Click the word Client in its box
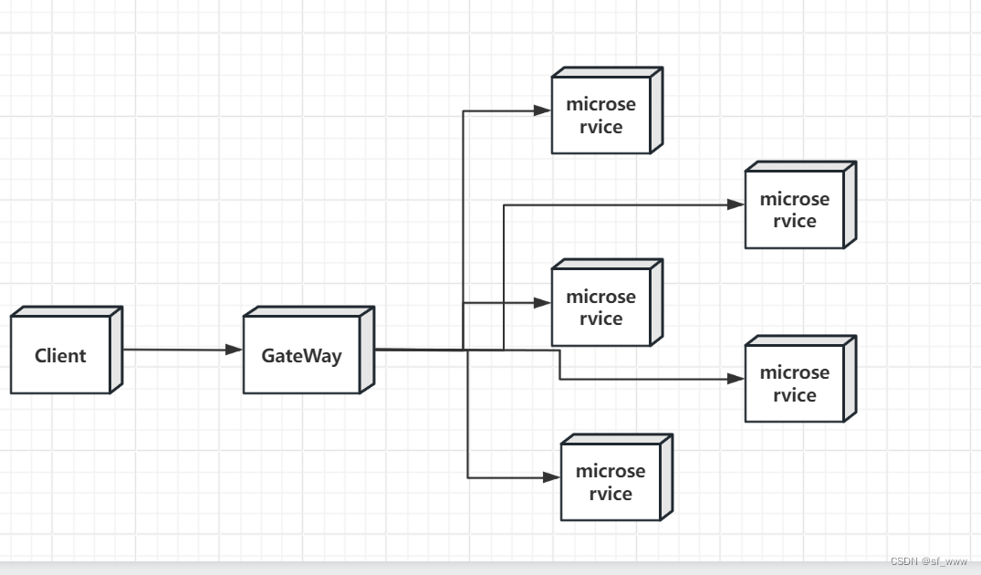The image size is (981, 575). point(60,355)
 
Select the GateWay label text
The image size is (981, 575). point(301,355)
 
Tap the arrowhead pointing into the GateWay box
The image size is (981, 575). point(234,350)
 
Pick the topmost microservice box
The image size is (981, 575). point(607,110)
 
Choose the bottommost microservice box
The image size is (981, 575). point(617,477)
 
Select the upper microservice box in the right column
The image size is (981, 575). point(800,204)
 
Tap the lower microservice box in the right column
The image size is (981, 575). point(800,379)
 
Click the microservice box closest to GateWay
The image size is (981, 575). point(607,303)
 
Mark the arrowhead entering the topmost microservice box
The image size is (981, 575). point(542,110)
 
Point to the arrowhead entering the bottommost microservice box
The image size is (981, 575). point(552,477)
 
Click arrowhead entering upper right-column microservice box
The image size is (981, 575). point(736,204)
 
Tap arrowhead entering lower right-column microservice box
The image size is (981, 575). point(736,379)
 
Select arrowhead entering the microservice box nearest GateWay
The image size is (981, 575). point(542,303)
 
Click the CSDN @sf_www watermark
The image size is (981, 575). point(928,561)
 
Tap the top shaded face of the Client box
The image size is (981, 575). point(67,311)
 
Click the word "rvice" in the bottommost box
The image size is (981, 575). point(611,494)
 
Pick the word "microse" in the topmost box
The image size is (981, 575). point(600,104)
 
